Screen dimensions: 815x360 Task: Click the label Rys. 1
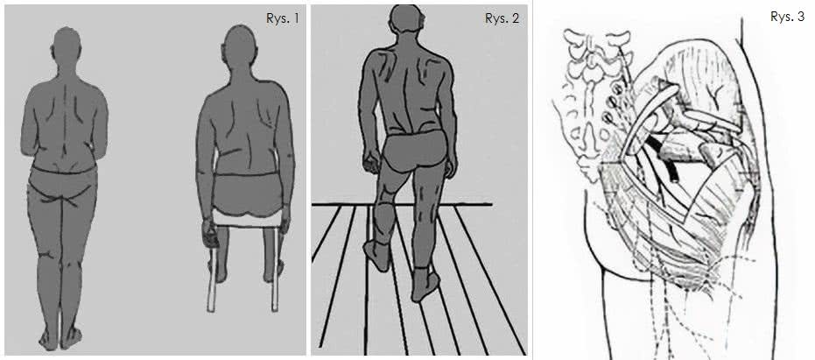[283, 18]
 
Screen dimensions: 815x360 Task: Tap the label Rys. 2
[502, 18]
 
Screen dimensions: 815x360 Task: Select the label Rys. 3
[787, 17]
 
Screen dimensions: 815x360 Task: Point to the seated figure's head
[240, 46]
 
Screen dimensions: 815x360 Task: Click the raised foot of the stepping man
[376, 255]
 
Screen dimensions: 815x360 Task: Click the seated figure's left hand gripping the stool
[209, 235]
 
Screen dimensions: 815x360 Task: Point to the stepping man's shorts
[414, 151]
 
